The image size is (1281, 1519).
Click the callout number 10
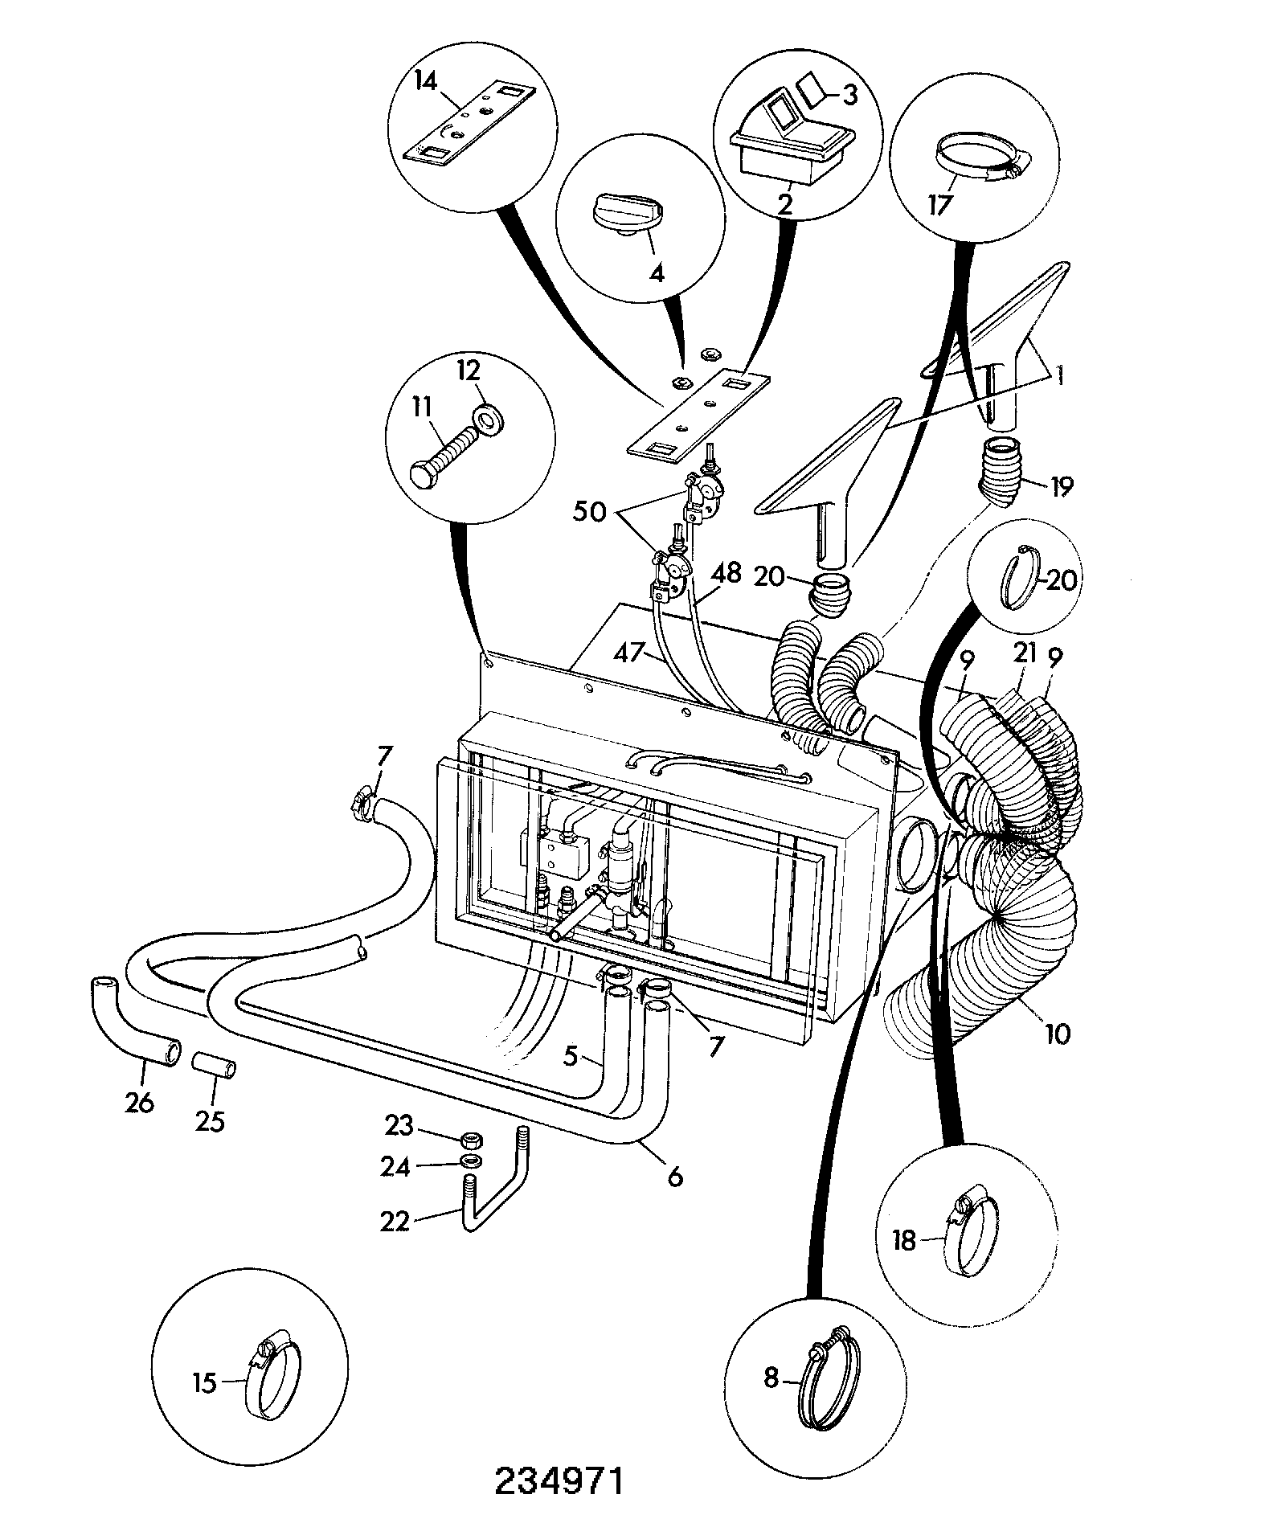tap(1058, 1034)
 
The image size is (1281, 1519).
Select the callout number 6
tap(674, 1177)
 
